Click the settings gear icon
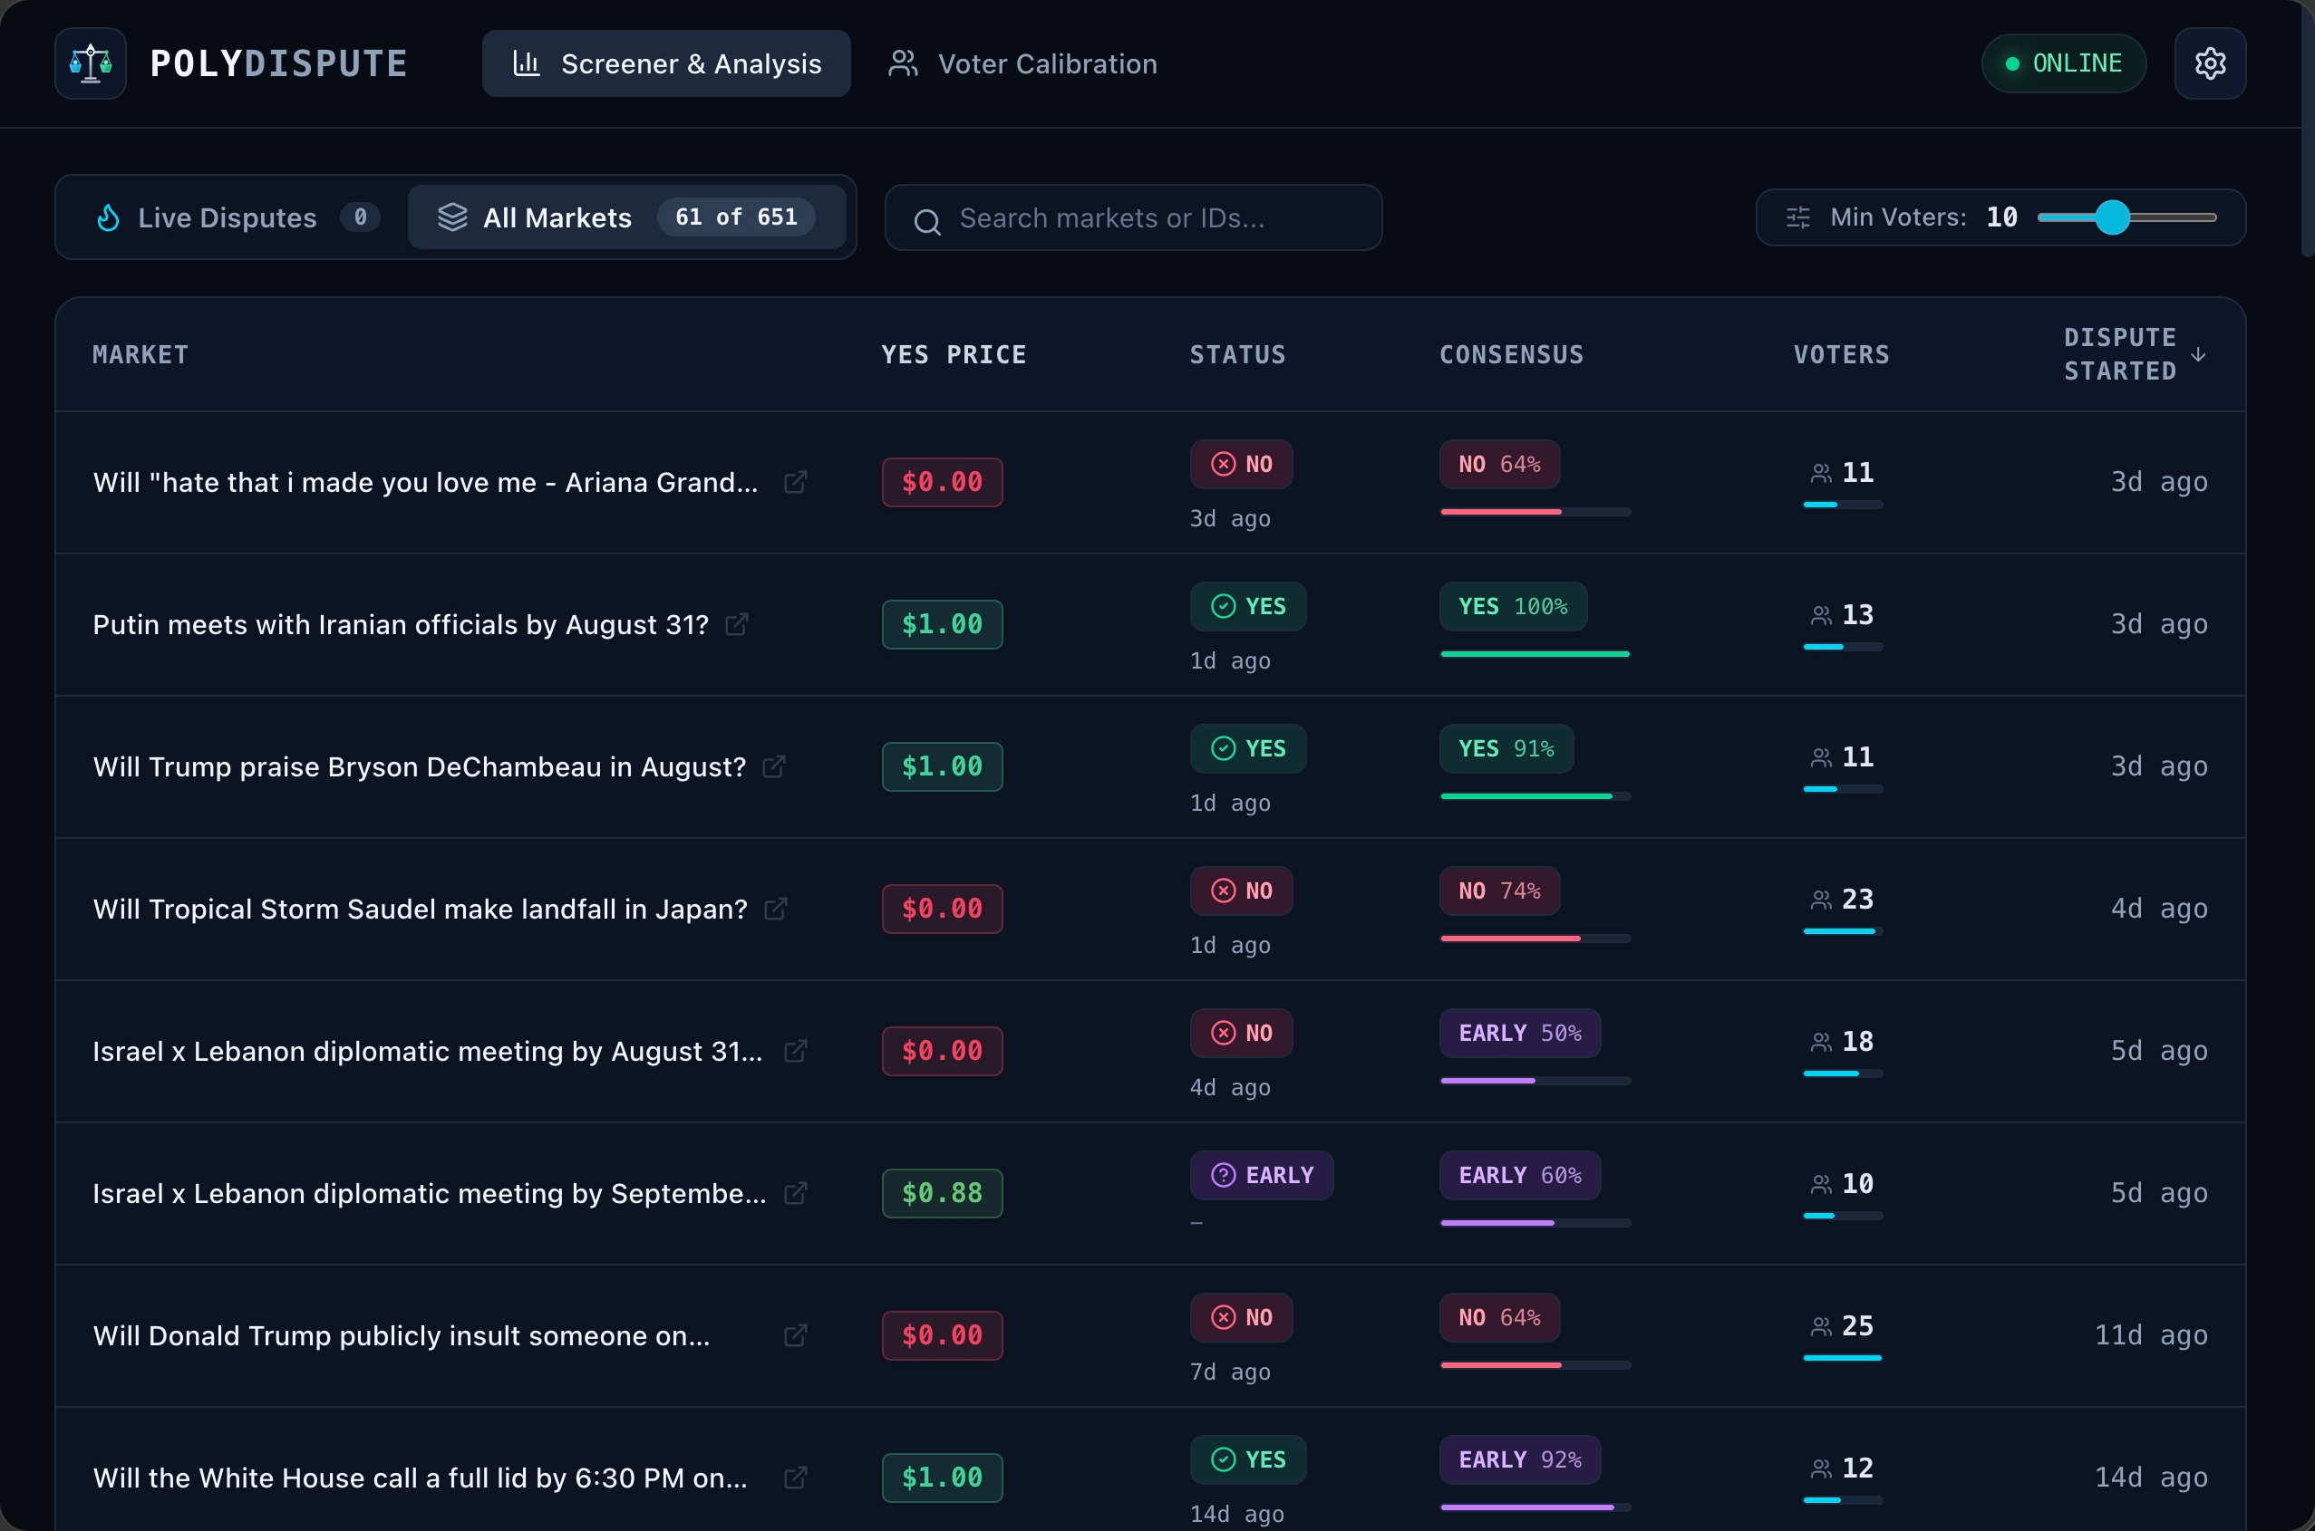point(2210,63)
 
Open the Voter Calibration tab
point(1022,63)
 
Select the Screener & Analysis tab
point(666,63)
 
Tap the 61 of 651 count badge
point(737,217)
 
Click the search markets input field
point(1133,217)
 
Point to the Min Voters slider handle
point(2113,217)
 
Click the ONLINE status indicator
point(2063,63)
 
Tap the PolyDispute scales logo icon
point(91,63)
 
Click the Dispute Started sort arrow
point(2198,354)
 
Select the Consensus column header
point(1511,354)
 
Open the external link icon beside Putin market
point(738,624)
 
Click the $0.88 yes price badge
point(942,1193)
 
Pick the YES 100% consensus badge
point(1513,606)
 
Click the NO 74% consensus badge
point(1499,891)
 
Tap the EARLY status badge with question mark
point(1261,1175)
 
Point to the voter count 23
point(1857,899)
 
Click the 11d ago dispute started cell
point(2151,1334)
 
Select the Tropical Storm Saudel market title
point(420,909)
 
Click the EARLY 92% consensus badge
point(1520,1459)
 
